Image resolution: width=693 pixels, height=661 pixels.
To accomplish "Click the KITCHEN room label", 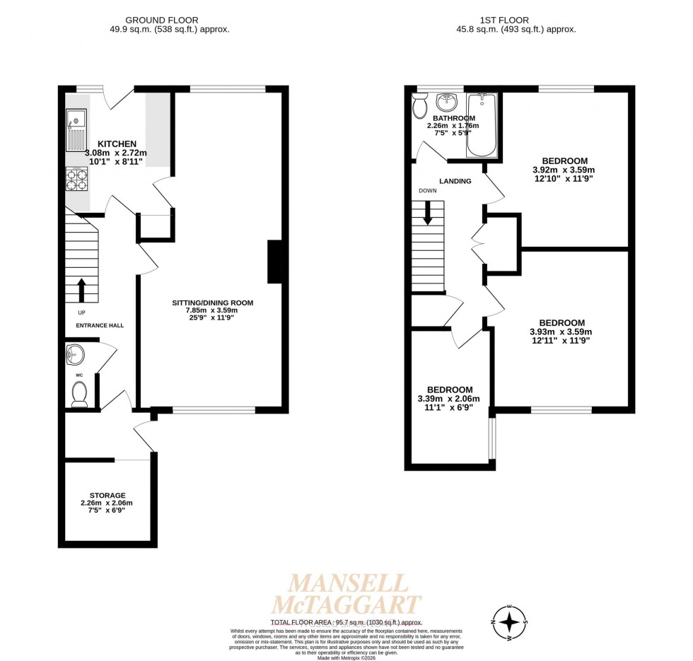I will (117, 144).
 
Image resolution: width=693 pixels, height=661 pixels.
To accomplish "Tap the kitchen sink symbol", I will (76, 129).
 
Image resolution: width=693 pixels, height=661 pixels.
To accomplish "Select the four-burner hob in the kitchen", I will (76, 180).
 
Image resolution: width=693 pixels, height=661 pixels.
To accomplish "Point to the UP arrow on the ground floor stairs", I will (81, 289).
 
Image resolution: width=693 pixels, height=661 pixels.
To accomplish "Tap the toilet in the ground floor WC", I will (79, 393).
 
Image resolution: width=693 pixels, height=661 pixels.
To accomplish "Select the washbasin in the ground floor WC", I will (75, 353).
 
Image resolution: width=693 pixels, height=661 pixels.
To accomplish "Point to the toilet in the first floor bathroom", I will (419, 107).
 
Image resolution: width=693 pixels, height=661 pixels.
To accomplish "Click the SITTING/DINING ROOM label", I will (212, 303).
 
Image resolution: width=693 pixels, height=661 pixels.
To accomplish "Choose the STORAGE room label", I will (107, 495).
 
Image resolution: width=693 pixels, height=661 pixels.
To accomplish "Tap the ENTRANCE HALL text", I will (100, 325).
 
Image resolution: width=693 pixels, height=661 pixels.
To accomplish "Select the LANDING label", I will (455, 181).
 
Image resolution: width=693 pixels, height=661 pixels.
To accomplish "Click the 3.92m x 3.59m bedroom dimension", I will (563, 170).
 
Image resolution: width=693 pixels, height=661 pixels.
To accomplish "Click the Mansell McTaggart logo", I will (346, 594).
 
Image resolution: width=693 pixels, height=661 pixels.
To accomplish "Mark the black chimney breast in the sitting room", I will (275, 262).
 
